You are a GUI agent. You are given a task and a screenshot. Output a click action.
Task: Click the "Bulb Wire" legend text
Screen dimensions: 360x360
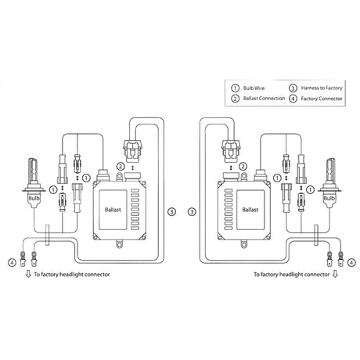coord(254,88)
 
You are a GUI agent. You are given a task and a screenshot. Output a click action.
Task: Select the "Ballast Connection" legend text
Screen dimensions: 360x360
coord(264,99)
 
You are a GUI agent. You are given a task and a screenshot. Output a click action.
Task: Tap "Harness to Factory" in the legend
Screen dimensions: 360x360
coord(322,88)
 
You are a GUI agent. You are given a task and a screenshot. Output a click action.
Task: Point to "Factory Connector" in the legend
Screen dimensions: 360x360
coord(322,99)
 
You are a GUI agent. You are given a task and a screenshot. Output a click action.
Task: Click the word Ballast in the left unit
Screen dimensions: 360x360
coord(113,210)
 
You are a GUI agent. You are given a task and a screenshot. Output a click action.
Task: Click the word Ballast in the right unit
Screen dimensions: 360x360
coord(250,210)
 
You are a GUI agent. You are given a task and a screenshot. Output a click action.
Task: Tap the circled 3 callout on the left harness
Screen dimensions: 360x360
coord(171,211)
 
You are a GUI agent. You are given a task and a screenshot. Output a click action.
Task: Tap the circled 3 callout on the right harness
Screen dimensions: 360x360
coord(192,211)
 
